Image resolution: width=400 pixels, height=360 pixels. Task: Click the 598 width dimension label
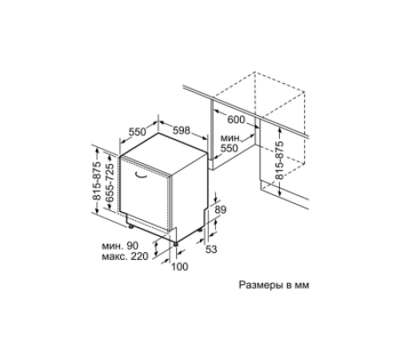click(182, 130)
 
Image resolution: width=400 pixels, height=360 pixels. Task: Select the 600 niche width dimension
click(236, 120)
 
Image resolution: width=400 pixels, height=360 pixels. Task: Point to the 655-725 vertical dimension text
click(110, 182)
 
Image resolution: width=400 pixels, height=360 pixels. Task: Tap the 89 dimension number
click(220, 210)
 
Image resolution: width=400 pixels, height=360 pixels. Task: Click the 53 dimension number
click(211, 250)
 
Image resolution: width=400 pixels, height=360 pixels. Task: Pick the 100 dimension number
click(180, 266)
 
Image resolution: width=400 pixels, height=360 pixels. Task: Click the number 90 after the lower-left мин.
click(133, 246)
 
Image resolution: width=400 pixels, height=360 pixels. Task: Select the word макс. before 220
click(114, 257)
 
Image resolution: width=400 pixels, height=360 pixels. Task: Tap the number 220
click(139, 256)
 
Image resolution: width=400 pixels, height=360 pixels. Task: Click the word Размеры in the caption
click(261, 285)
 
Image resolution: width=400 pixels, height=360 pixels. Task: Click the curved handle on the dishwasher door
click(141, 174)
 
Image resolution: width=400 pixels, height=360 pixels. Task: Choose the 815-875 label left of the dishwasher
click(97, 181)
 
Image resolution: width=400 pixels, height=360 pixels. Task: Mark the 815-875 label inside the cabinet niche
click(279, 160)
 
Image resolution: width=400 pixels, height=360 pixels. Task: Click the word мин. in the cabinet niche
click(231, 138)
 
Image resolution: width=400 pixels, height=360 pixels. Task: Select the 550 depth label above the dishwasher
click(138, 132)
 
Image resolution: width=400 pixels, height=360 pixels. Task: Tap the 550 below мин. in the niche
click(230, 148)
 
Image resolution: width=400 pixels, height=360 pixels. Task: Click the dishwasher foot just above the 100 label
click(175, 243)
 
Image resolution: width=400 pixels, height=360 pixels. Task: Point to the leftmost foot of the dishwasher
click(130, 226)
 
